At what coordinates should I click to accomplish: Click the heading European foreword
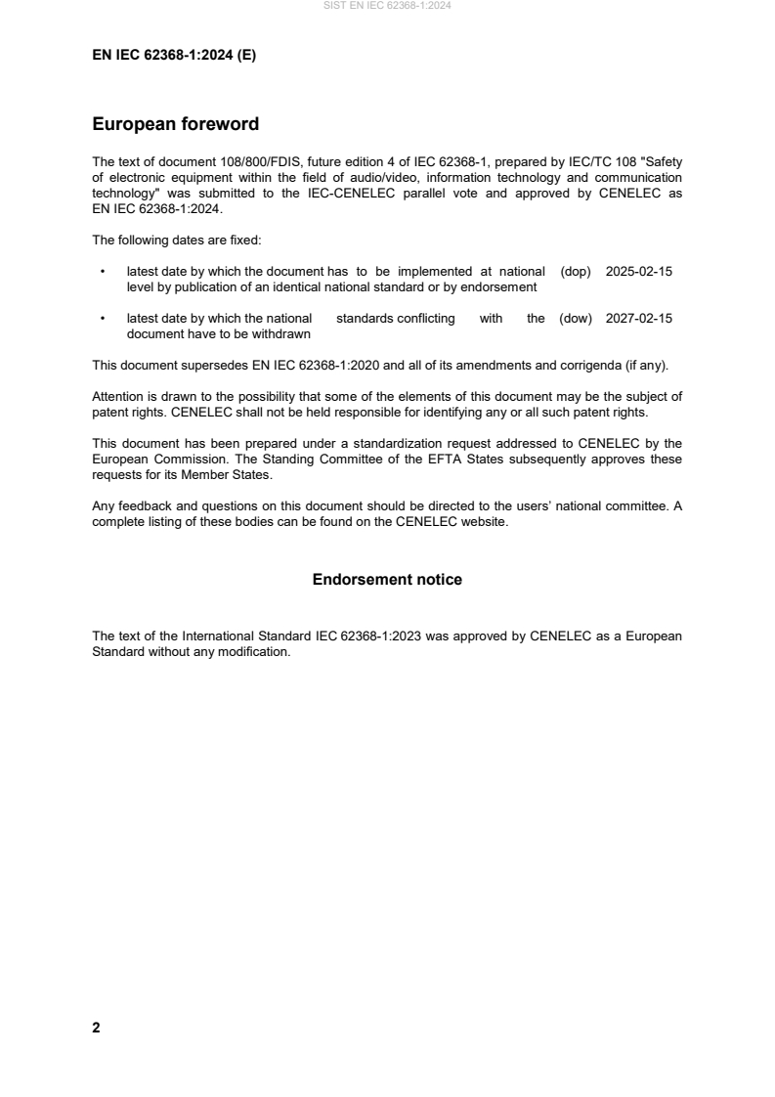pos(175,124)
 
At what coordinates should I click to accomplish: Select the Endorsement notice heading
pos(387,580)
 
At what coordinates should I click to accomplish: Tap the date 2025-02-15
pos(638,272)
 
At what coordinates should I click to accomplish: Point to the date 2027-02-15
pos(638,319)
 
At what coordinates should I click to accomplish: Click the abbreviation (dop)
pos(576,272)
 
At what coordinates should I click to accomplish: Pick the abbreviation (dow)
pos(576,319)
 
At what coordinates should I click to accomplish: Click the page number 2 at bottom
pos(96,1028)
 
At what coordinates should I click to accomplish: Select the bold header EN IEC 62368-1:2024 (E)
pos(174,56)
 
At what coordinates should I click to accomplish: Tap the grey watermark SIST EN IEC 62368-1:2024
pos(387,6)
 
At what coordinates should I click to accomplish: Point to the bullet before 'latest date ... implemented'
pos(102,272)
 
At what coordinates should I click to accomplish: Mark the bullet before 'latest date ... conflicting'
pos(102,319)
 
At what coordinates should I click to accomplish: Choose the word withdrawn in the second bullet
pos(283,333)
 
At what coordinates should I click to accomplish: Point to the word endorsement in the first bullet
pos(498,286)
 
